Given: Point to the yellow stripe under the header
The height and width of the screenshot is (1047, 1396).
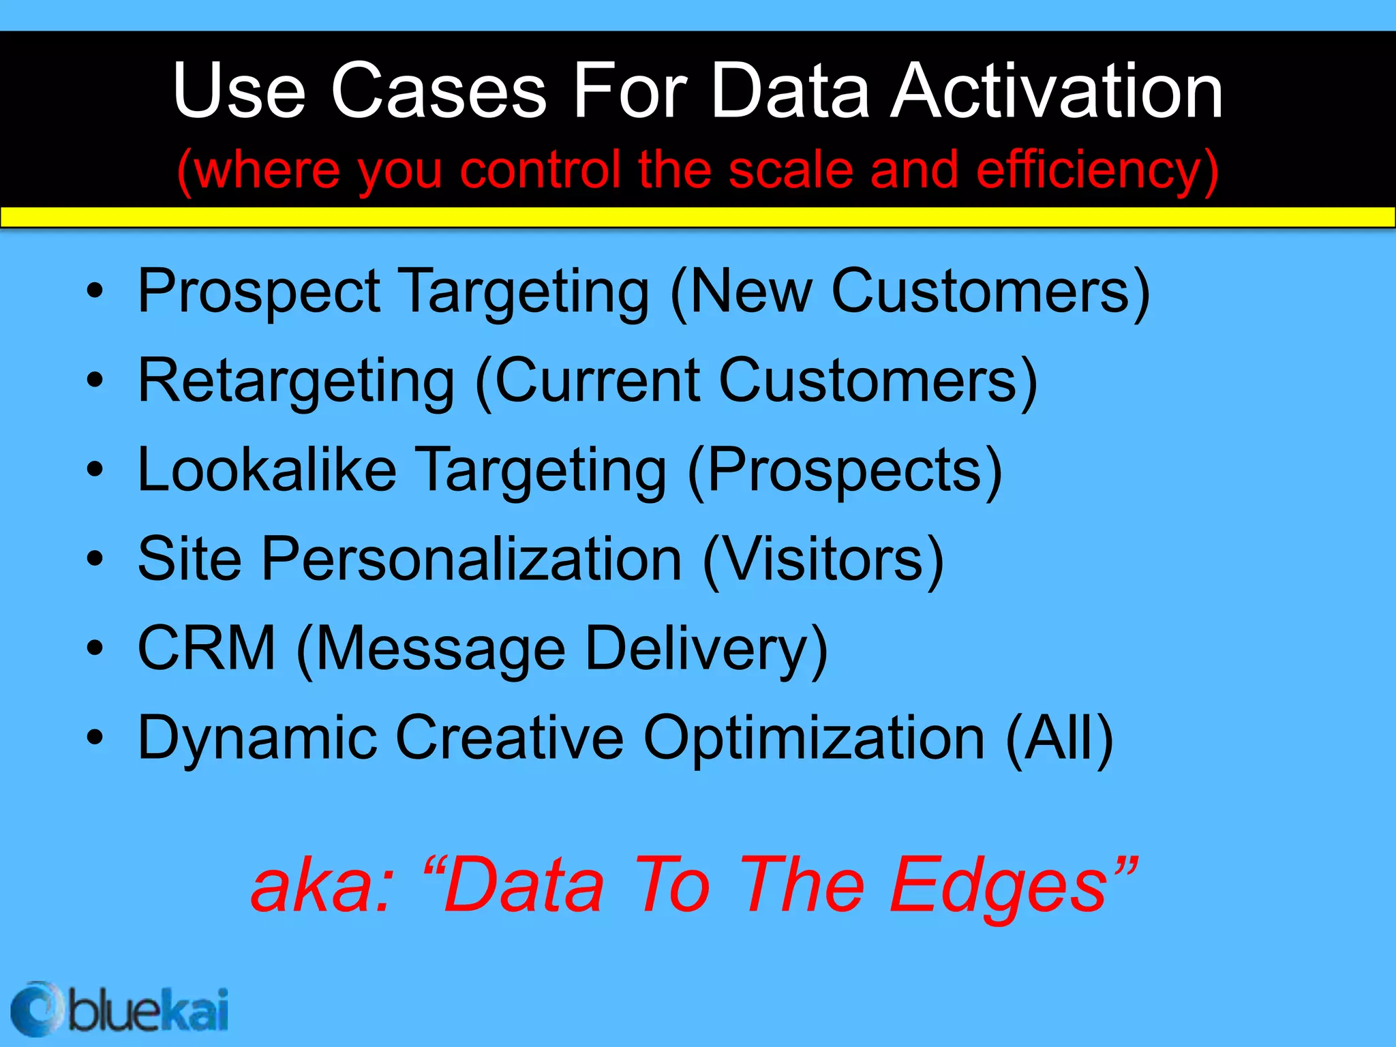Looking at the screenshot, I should tap(698, 217).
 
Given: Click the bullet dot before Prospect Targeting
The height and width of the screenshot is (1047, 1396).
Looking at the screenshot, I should tap(95, 291).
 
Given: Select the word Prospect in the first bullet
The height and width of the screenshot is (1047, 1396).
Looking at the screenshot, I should tap(259, 292).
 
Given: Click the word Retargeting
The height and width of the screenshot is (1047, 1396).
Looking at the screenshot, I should tap(296, 382).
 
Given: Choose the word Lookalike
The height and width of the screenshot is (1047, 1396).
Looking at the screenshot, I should tap(267, 470).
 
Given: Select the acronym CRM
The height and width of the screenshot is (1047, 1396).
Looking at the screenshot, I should tap(207, 648).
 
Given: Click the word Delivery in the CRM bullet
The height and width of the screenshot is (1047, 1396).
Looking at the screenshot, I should tap(706, 650).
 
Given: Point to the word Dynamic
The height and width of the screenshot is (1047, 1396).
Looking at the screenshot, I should tap(258, 738).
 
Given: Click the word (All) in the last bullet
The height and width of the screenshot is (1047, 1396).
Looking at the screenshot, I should tap(1059, 738).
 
